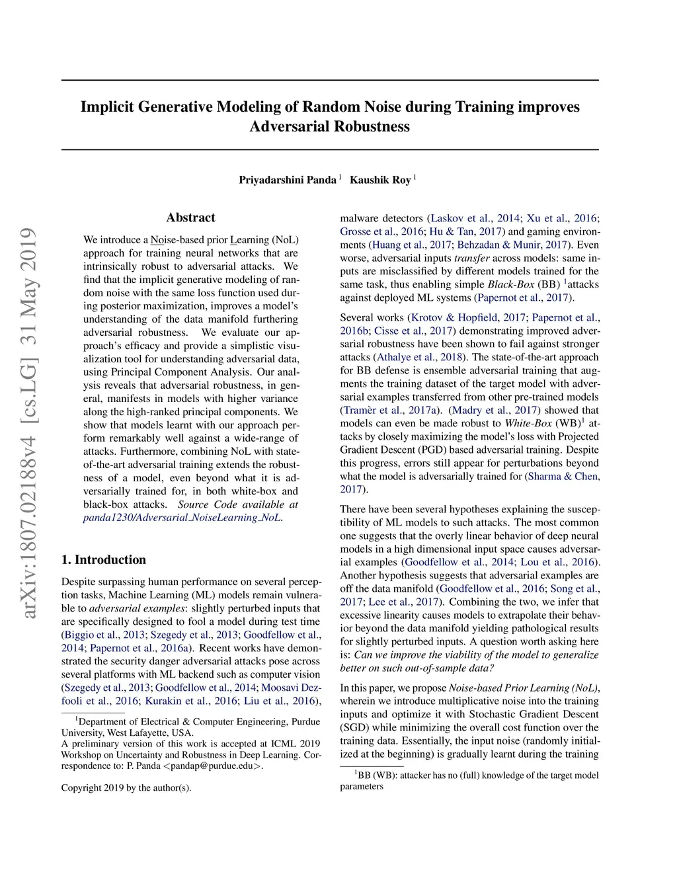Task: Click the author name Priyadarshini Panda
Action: (x=288, y=180)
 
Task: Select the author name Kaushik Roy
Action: (x=380, y=180)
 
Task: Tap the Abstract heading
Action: (x=190, y=218)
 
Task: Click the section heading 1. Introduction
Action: (x=104, y=559)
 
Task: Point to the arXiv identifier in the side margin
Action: (x=28, y=423)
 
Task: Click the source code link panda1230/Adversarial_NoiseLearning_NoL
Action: (x=182, y=518)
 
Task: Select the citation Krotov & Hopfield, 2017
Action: (x=469, y=317)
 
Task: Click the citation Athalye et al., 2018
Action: (x=418, y=357)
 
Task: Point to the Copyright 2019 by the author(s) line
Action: (x=126, y=787)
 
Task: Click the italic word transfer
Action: (x=472, y=258)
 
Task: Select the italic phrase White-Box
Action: (x=528, y=423)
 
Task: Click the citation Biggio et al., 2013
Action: (x=103, y=635)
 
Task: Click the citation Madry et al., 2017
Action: (x=494, y=410)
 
